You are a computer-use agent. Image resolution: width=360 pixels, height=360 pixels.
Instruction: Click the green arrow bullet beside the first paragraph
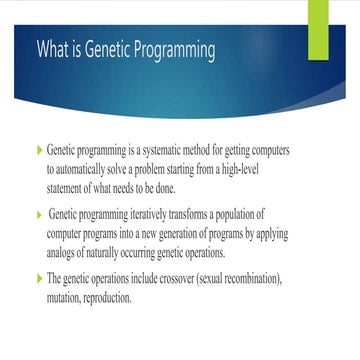click(40, 150)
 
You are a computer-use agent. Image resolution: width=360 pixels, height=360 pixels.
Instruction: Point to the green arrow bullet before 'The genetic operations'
click(40, 281)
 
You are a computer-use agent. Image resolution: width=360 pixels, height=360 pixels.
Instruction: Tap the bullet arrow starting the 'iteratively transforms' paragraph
click(40, 215)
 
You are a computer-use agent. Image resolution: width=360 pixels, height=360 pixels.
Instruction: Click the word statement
click(69, 186)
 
